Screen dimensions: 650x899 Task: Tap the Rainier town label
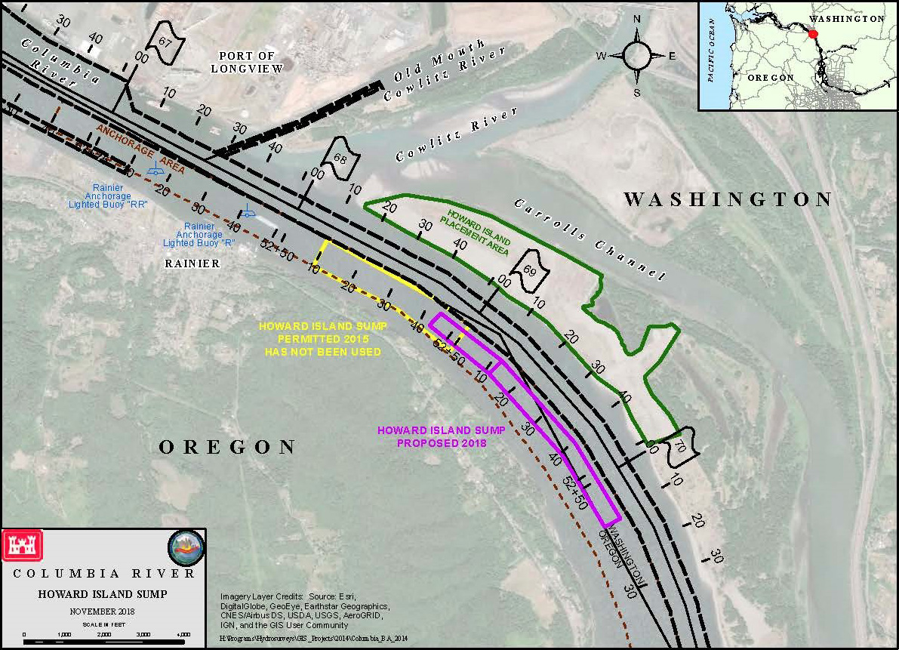(x=192, y=263)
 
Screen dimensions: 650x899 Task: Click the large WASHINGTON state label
(x=728, y=199)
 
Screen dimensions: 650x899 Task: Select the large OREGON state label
(x=227, y=447)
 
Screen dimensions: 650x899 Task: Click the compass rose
(x=637, y=55)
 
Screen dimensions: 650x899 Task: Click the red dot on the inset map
(x=813, y=34)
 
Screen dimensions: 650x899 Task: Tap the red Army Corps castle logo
(x=23, y=544)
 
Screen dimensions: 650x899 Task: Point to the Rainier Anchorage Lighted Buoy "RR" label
(x=108, y=196)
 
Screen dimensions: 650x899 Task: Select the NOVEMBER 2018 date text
(x=103, y=611)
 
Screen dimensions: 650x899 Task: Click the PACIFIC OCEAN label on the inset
(x=710, y=55)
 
